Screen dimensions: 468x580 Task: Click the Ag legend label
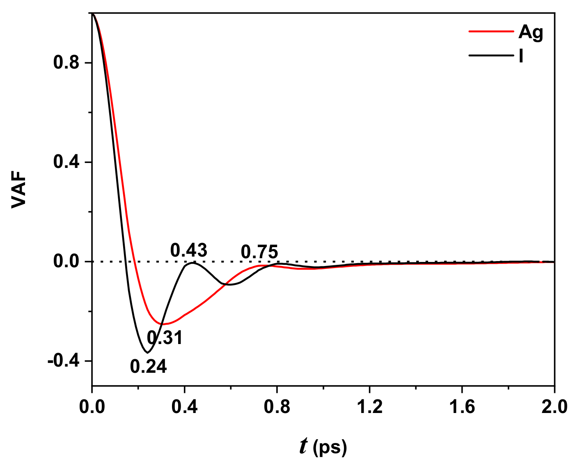pyautogui.click(x=530, y=32)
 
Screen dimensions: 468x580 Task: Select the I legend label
pyautogui.click(x=521, y=56)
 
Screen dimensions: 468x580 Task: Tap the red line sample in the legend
pyautogui.click(x=491, y=31)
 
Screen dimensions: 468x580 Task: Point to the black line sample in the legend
pyautogui.click(x=491, y=55)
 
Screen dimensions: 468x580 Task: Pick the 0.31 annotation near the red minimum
pyautogui.click(x=165, y=338)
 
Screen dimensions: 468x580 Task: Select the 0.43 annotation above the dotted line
pyautogui.click(x=189, y=250)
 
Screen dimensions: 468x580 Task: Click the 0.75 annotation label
pyautogui.click(x=259, y=252)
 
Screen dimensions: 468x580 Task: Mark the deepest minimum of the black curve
pyautogui.click(x=147, y=352)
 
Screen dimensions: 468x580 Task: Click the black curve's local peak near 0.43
pyautogui.click(x=192, y=263)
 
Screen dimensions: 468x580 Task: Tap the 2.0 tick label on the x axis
pyautogui.click(x=554, y=407)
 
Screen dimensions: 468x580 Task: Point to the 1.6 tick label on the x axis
pyautogui.click(x=462, y=407)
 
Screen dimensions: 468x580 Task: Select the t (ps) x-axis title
pyautogui.click(x=323, y=447)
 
